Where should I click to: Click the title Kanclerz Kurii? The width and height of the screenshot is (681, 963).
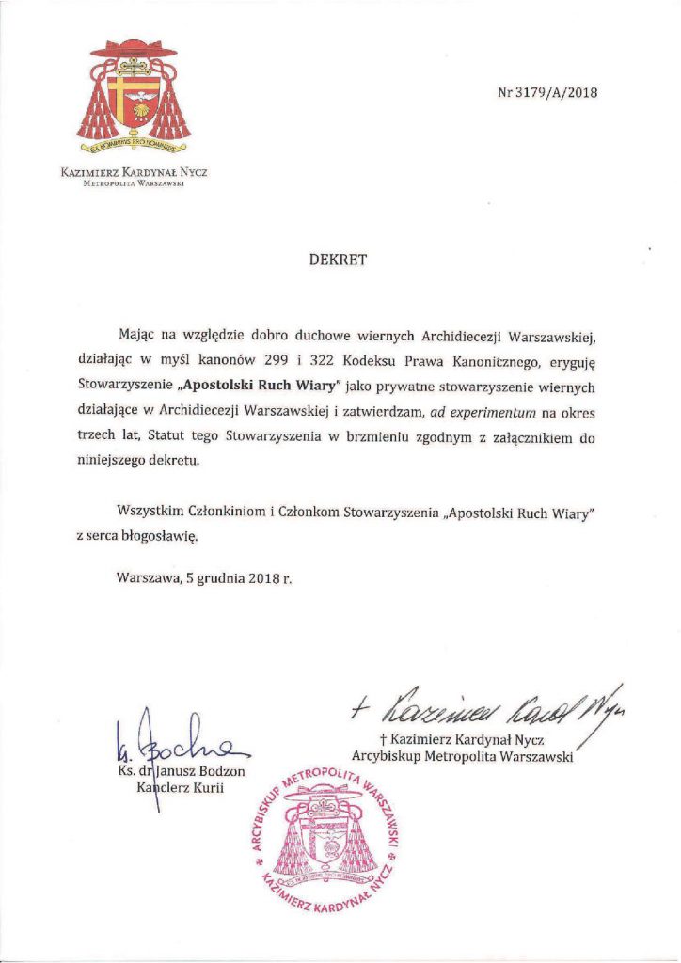(x=179, y=788)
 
